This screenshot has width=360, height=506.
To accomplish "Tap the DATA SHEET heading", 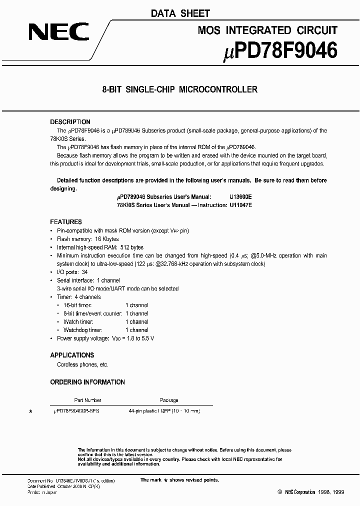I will pyautogui.click(x=180, y=13).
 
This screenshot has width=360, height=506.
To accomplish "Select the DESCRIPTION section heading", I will pyautogui.click(x=70, y=122).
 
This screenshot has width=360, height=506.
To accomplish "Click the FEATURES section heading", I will pyautogui.click(x=66, y=222).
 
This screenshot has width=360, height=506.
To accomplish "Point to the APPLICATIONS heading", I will pyautogui.click(x=72, y=355).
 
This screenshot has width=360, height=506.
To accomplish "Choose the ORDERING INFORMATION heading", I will pyautogui.click(x=87, y=382).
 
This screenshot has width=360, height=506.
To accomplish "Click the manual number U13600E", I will pyautogui.click(x=240, y=197).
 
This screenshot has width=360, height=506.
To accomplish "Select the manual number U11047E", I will pyautogui.click(x=240, y=205).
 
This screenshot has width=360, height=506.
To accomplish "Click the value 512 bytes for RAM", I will pyautogui.click(x=131, y=247).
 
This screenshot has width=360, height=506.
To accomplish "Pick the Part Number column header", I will pyautogui.click(x=87, y=400).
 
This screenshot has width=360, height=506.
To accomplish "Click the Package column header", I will pyautogui.click(x=169, y=400).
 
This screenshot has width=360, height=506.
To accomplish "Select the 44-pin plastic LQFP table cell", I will pyautogui.click(x=164, y=411).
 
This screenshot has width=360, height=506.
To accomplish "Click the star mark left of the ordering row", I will pyautogui.click(x=31, y=411).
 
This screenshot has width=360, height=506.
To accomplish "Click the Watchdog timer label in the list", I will pyautogui.click(x=83, y=330).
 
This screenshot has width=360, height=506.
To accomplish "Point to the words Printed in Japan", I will pyautogui.click(x=42, y=492).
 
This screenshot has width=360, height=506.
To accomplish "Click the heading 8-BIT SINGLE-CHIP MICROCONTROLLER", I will pyautogui.click(x=179, y=90).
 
